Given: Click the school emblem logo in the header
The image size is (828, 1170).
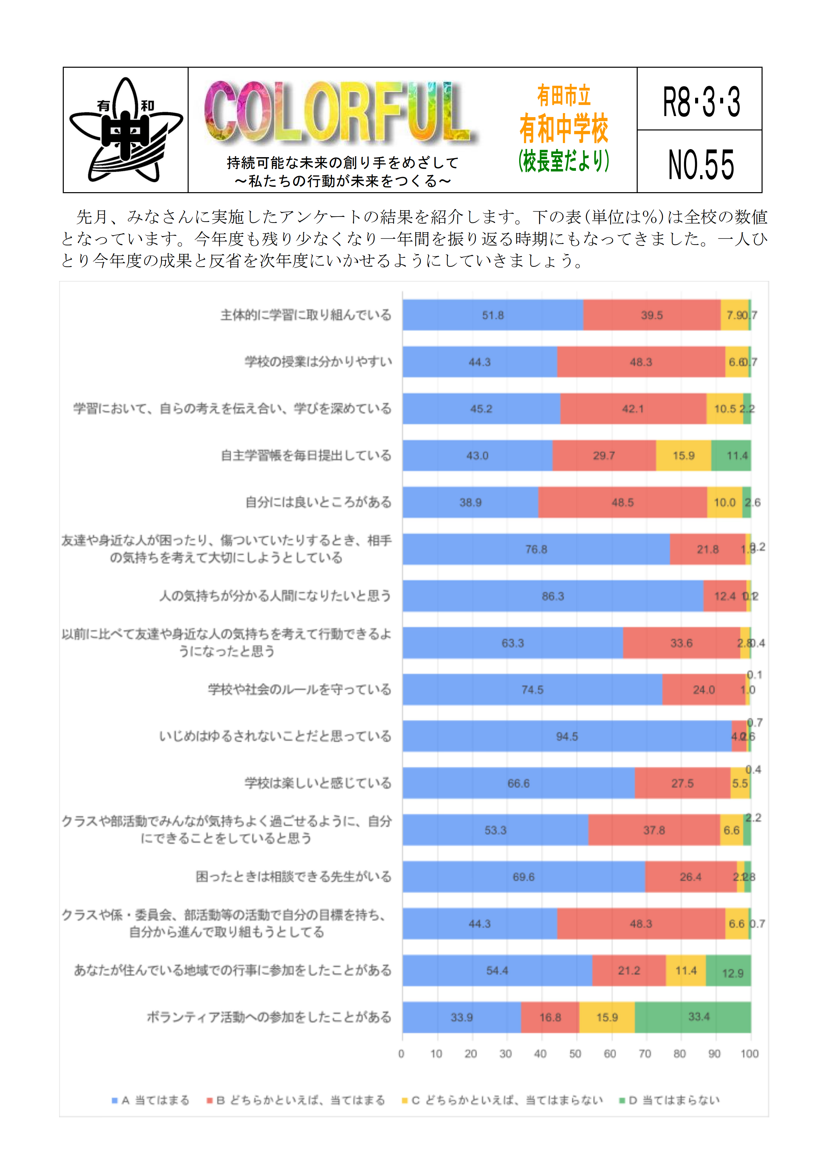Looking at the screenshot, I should pos(126,130).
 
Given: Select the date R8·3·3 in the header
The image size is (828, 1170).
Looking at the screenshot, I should pos(700,101).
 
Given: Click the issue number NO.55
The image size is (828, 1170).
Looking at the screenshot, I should pos(700,164).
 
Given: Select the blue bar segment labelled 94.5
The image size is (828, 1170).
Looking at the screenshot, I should pos(567,736).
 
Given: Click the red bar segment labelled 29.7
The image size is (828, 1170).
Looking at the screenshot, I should pos(604,456).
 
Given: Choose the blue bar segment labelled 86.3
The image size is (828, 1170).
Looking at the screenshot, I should pos(553,596).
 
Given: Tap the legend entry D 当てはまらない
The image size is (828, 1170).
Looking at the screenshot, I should pos(669,1100).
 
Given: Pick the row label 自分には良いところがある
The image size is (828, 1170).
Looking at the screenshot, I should pos(318,502).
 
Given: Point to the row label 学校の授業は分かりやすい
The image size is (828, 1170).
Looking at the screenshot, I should pos(318,362).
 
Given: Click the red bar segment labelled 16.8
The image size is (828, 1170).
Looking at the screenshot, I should pos(550,1017).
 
